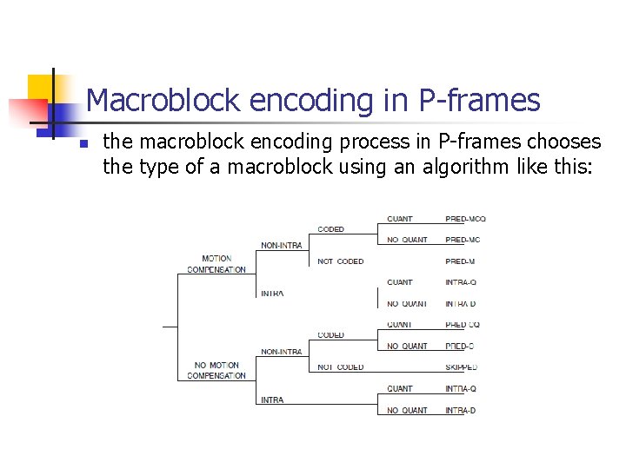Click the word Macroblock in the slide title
(163, 101)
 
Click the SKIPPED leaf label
(462, 367)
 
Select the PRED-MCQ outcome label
(465, 219)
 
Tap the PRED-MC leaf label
(462, 240)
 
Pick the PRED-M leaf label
(459, 261)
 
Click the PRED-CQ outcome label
(462, 325)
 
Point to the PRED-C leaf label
(459, 346)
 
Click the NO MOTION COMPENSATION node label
(216, 370)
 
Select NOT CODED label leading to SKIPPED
(340, 367)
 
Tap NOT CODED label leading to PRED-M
(340, 261)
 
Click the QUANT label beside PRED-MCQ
(400, 219)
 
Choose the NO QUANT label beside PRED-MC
(407, 240)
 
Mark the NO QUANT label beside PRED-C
(407, 346)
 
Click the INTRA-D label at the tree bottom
(461, 410)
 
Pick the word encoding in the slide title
(311, 101)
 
